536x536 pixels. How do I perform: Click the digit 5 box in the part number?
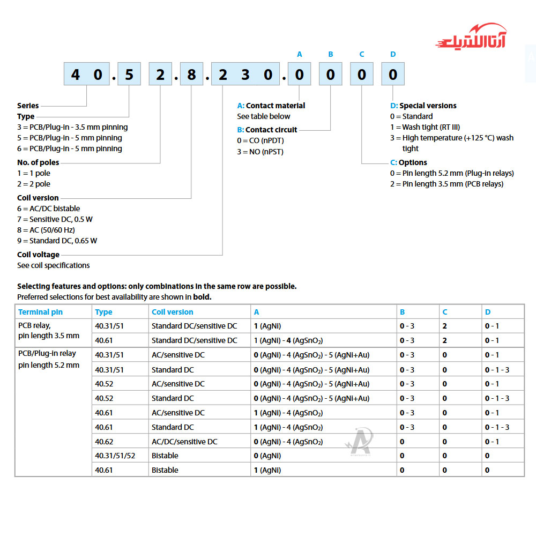click(129, 75)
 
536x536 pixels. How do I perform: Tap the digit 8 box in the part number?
click(191, 75)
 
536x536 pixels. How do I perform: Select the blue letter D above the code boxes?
click(393, 54)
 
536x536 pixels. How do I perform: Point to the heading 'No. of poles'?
click(38, 162)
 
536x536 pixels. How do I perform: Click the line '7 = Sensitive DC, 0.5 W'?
click(55, 219)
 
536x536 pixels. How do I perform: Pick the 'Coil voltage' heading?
click(38, 255)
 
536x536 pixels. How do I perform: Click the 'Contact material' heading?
click(271, 106)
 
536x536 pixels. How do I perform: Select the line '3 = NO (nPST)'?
click(260, 152)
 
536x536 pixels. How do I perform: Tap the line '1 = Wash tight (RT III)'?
click(425, 127)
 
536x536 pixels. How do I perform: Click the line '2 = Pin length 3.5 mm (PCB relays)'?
click(446, 184)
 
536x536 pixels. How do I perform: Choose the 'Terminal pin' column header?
click(40, 312)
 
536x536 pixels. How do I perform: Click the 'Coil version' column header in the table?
click(172, 312)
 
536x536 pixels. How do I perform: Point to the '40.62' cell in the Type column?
click(104, 442)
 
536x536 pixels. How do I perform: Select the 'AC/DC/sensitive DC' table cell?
click(184, 442)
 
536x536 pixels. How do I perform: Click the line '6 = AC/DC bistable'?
click(48, 209)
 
